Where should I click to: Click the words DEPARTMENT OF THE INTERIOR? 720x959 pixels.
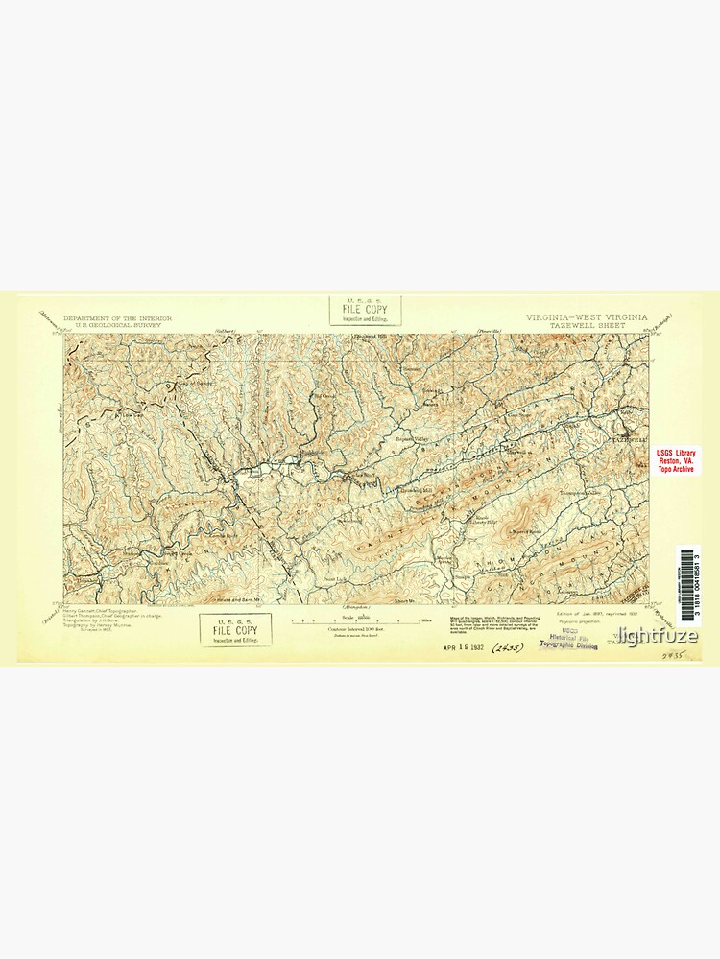click(x=117, y=316)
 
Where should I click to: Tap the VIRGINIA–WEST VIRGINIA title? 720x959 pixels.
click(x=586, y=316)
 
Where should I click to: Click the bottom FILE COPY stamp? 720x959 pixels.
click(x=235, y=629)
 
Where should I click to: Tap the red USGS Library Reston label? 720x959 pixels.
click(x=676, y=460)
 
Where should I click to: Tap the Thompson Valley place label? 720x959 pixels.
click(x=579, y=493)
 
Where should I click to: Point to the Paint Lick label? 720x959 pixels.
click(x=334, y=581)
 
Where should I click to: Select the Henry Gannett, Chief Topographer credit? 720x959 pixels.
click(x=100, y=610)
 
